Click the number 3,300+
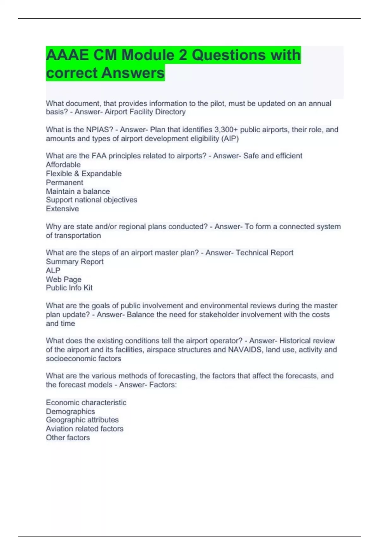pyautogui.click(x=226, y=130)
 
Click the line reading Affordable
pyautogui.click(x=63, y=165)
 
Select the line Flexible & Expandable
pyautogui.click(x=84, y=174)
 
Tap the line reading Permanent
pyautogui.click(x=64, y=183)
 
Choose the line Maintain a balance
pyautogui.click(x=78, y=191)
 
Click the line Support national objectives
pyautogui.click(x=91, y=200)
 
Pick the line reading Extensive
pyautogui.click(x=62, y=209)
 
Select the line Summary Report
pyautogui.click(x=75, y=262)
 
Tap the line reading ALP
pyautogui.click(x=53, y=271)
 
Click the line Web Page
pyautogui.click(x=63, y=280)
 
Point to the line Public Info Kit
pyautogui.click(x=69, y=288)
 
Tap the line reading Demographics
pyautogui.click(x=70, y=412)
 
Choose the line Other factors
pyautogui.click(x=68, y=438)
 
